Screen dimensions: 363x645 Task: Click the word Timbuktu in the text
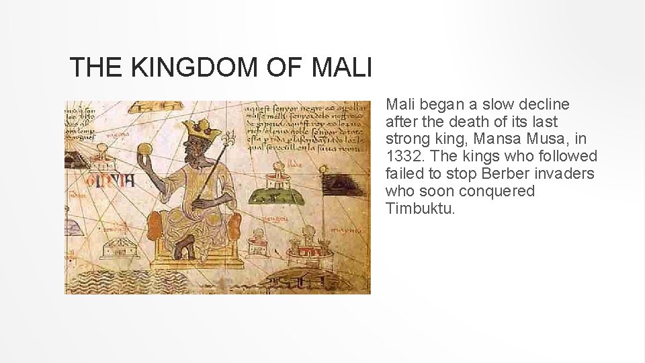coord(421,209)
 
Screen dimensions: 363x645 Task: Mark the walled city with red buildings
coord(310,249)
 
